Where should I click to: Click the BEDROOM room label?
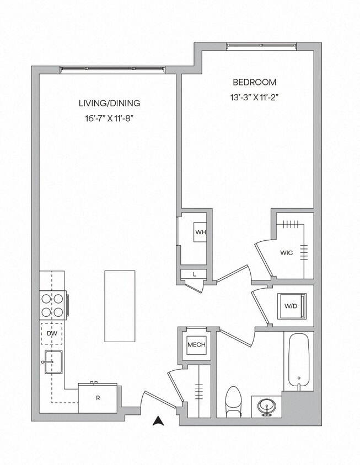254,82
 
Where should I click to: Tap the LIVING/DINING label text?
109,103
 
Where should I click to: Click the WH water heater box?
200,232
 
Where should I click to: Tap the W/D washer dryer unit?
291,306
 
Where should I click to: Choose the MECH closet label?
196,345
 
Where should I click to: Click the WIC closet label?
286,253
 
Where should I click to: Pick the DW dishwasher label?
51,333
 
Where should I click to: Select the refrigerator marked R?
98,398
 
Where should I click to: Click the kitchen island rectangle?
120,306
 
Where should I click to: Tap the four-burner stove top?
52,305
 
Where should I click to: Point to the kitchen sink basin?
53,362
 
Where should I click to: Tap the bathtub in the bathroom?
299,360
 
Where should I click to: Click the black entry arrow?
159,421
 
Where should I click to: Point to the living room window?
112,70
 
